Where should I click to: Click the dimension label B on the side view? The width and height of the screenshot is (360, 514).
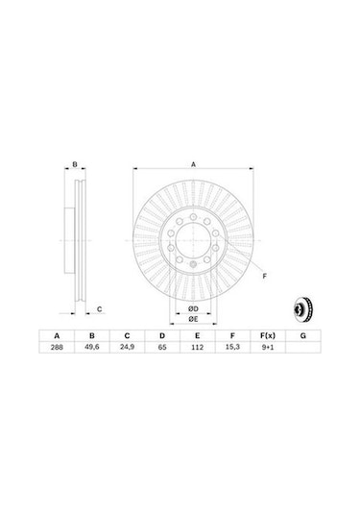(x=75, y=165)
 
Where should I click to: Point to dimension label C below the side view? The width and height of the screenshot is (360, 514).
(x=99, y=308)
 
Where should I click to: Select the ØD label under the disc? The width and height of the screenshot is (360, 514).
(x=192, y=308)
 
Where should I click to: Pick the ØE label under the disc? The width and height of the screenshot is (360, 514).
(x=192, y=319)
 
